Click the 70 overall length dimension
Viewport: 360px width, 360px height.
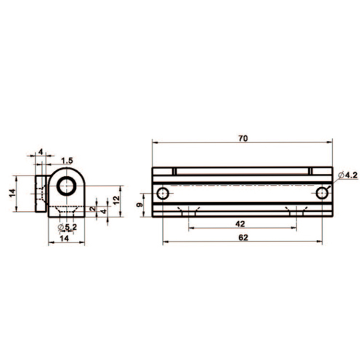(x=242, y=138)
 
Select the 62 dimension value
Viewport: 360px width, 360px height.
(x=242, y=238)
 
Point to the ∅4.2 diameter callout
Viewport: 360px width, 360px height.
(x=348, y=176)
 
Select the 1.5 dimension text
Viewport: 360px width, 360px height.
(x=67, y=160)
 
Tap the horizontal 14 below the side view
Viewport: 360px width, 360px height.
(x=64, y=238)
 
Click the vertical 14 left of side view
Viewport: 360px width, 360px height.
(x=12, y=193)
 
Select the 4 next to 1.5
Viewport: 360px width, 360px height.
(x=41, y=152)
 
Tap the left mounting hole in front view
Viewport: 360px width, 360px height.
(x=163, y=193)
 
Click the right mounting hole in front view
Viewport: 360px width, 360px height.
(x=322, y=193)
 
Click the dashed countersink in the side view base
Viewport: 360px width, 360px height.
(x=66, y=210)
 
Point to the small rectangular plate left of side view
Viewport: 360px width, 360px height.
(x=41, y=194)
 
